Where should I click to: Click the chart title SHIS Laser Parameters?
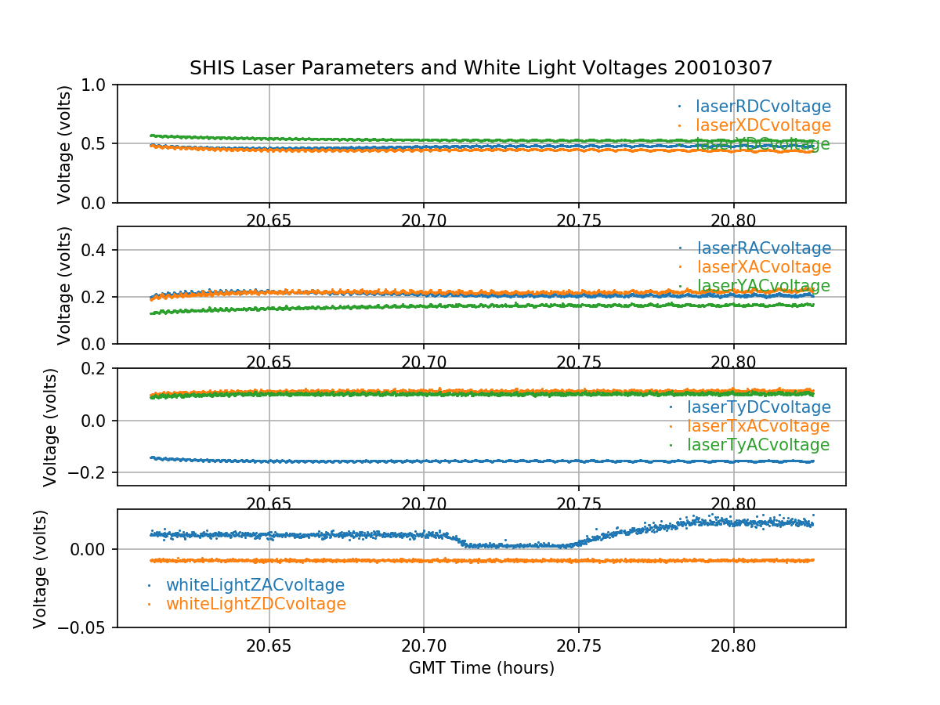(x=481, y=68)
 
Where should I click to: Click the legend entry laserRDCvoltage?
(x=763, y=107)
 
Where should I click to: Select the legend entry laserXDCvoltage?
(x=763, y=125)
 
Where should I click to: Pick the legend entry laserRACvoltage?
(x=763, y=249)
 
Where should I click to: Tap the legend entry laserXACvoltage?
(x=763, y=268)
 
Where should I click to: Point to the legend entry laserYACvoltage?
(x=763, y=287)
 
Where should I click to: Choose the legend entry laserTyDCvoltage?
(x=758, y=407)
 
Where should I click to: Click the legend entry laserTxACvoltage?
(x=758, y=426)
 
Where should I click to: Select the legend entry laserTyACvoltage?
(x=758, y=445)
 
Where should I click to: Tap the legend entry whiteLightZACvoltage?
(x=255, y=585)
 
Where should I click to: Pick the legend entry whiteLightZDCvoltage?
(x=256, y=604)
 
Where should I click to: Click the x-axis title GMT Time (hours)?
(x=481, y=668)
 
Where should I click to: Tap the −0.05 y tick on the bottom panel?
(x=84, y=627)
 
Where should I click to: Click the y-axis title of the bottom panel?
(x=41, y=569)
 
